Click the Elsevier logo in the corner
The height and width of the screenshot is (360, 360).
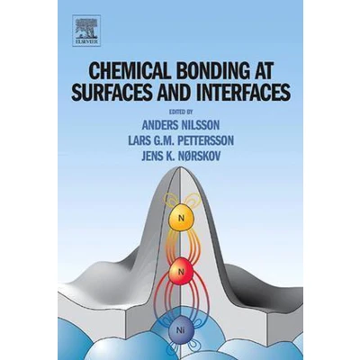pos(86,31)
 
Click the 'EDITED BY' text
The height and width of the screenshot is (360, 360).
pos(180,112)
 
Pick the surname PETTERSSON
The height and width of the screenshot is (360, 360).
pos(206,140)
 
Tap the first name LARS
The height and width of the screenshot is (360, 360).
pos(138,140)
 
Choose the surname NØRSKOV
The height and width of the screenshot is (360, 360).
pos(198,156)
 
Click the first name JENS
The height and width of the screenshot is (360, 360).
pos(152,156)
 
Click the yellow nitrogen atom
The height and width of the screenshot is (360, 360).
pos(181,218)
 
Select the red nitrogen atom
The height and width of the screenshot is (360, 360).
pos(181,272)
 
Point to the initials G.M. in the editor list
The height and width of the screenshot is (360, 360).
pos(163,140)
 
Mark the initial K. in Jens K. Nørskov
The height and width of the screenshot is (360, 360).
pos(169,156)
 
